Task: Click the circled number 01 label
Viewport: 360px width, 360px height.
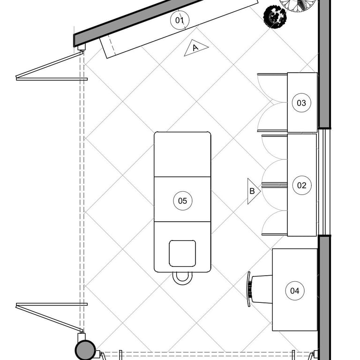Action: (x=179, y=20)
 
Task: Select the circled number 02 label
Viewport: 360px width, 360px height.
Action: (x=301, y=185)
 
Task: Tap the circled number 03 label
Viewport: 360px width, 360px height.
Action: (x=301, y=103)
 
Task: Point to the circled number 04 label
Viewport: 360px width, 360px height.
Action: (x=294, y=291)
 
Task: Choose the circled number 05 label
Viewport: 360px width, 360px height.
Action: (x=182, y=201)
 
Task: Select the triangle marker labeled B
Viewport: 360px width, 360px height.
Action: (x=253, y=191)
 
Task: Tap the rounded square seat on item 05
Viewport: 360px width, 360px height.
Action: (x=182, y=254)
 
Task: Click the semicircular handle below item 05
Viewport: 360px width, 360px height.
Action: (x=182, y=278)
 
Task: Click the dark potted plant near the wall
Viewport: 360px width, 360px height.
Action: (x=275, y=17)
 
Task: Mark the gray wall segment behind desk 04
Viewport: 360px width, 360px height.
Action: (x=324, y=295)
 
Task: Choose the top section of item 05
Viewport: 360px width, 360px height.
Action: (x=182, y=154)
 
